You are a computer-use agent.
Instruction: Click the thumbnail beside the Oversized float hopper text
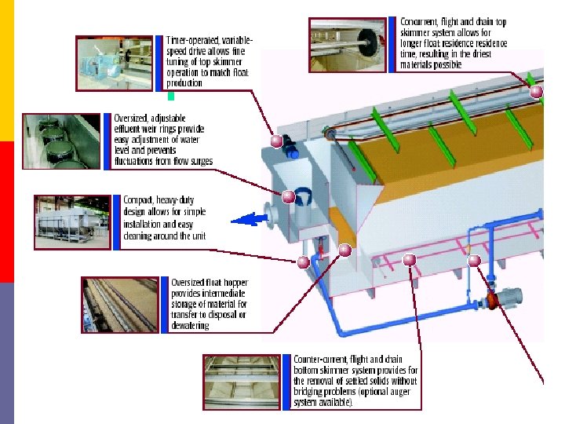120,304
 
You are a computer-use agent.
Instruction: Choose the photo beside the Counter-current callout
241,381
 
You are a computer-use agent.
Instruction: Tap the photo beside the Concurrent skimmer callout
348,45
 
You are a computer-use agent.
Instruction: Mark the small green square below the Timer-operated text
171,97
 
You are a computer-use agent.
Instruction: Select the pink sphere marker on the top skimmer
536,92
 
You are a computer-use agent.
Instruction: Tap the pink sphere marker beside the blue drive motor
276,141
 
